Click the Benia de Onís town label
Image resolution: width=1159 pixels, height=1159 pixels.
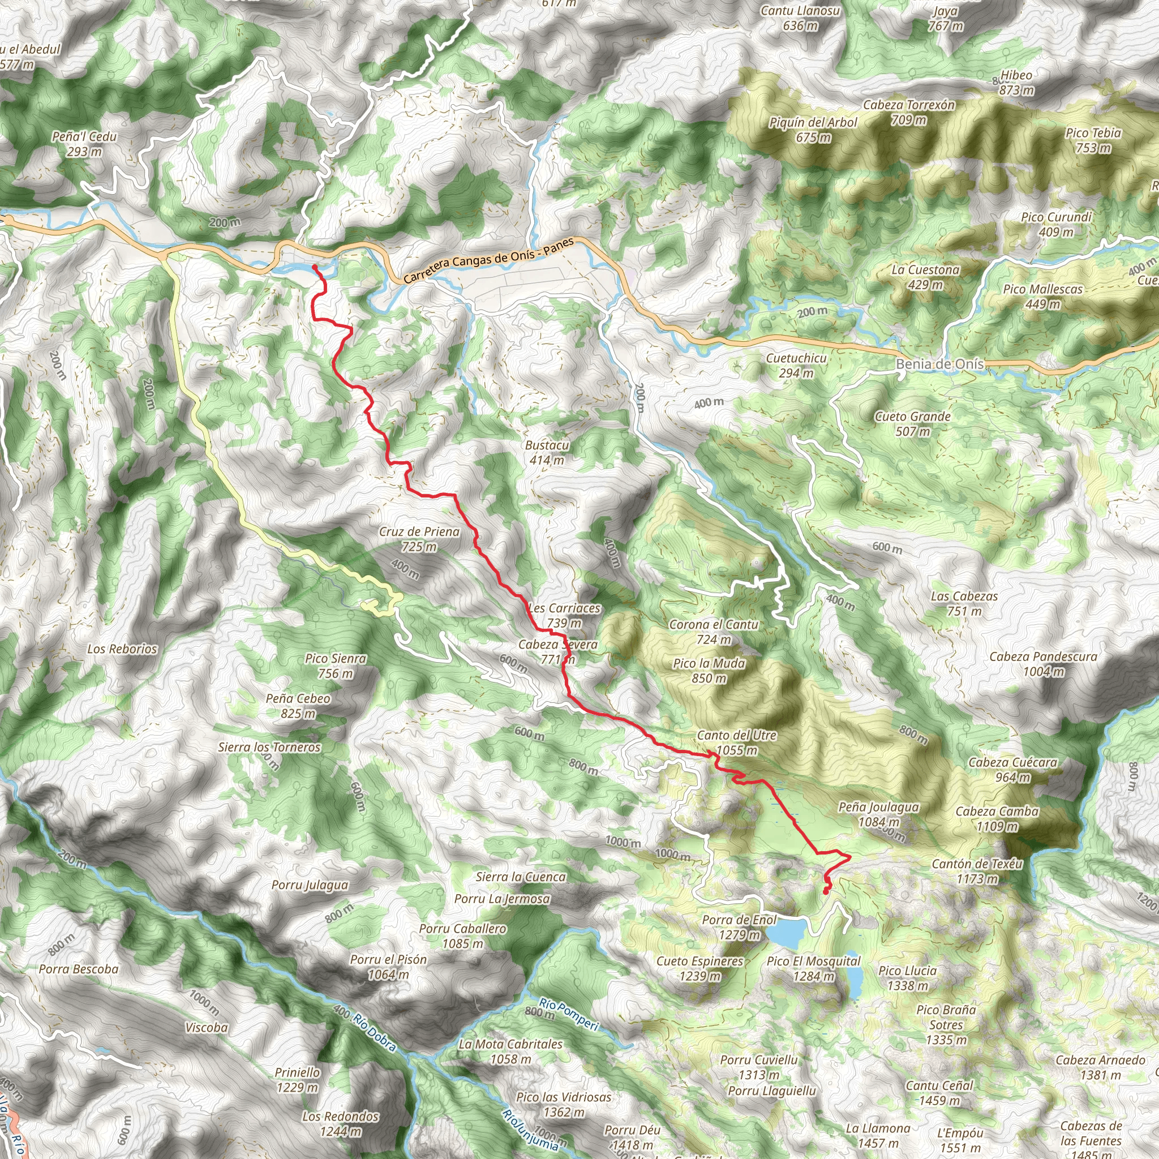pos(939,364)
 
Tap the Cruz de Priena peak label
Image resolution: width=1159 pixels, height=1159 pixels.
pos(419,539)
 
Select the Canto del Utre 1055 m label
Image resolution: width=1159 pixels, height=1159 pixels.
pos(737,742)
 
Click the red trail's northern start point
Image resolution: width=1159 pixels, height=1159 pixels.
pos(314,267)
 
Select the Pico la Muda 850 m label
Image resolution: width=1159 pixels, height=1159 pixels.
pos(709,670)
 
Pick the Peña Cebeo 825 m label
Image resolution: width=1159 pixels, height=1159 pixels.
pos(298,706)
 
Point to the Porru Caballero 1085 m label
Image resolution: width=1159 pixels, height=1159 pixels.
pos(462,935)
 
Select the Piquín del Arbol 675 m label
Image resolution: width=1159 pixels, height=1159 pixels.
pos(813,130)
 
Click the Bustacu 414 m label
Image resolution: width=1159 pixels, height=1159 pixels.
pos(547,452)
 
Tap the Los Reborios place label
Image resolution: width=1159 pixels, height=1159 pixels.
pos(122,649)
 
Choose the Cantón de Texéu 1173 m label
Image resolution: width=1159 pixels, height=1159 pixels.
pos(977,871)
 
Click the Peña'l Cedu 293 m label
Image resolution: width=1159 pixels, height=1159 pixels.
pos(84,143)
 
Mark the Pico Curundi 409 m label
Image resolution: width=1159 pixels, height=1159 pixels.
pos(1056,224)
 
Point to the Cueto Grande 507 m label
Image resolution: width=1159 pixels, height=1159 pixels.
pos(912,423)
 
